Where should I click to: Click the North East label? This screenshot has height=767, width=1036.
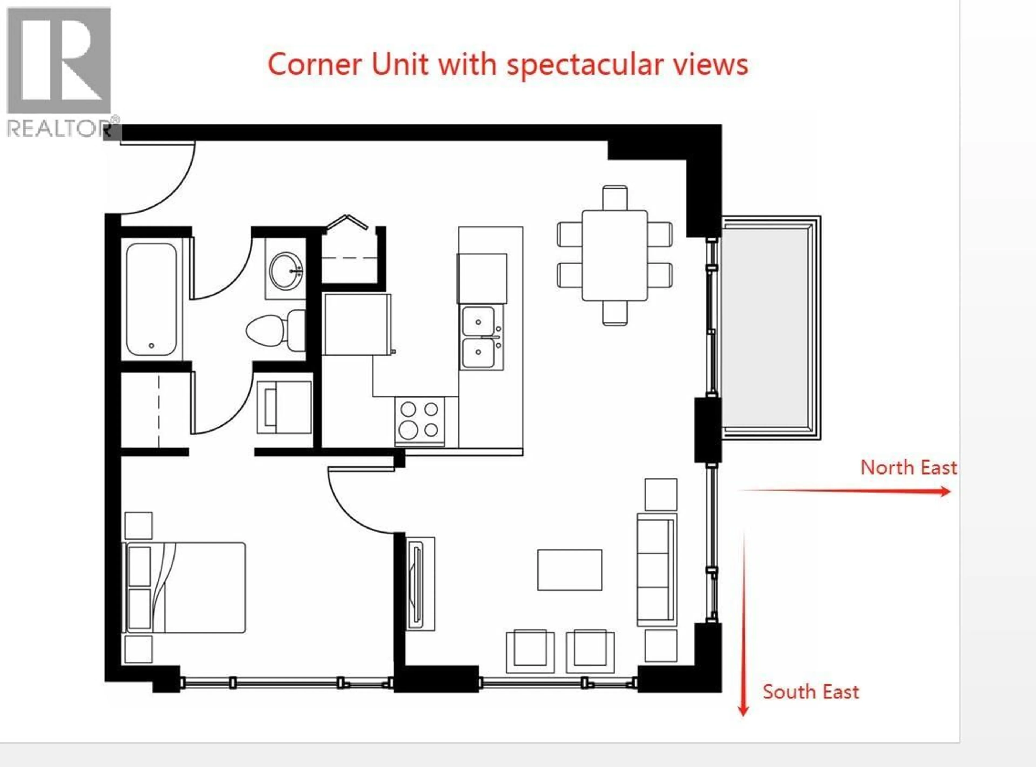pos(908,468)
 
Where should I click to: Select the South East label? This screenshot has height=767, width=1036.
pos(810,692)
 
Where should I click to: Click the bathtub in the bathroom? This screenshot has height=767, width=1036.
pos(151,299)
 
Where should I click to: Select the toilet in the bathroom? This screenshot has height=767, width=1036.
pos(275,330)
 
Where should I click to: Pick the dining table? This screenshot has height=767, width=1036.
pos(615,255)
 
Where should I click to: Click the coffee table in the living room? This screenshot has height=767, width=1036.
pos(570,570)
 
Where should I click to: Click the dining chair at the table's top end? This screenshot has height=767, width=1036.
pos(615,197)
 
